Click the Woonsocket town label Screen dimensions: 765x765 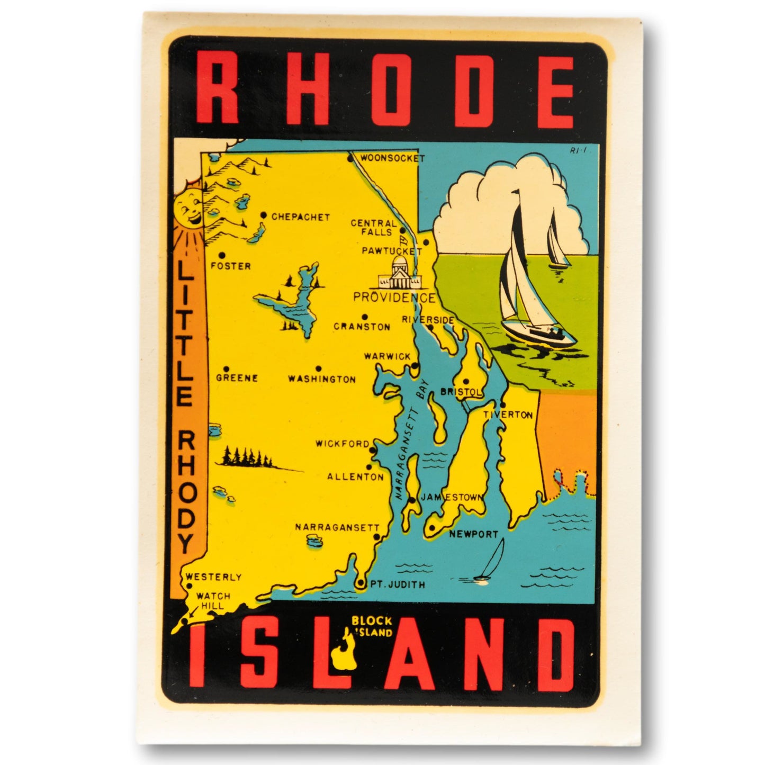pyautogui.click(x=392, y=158)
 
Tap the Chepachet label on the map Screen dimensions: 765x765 pyautogui.click(x=300, y=217)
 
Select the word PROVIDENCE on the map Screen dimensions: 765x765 pyautogui.click(x=394, y=298)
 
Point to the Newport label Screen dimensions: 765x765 pyautogui.click(x=474, y=534)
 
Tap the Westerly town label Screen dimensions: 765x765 pyautogui.click(x=213, y=577)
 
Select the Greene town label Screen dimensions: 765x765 pyautogui.click(x=237, y=378)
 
